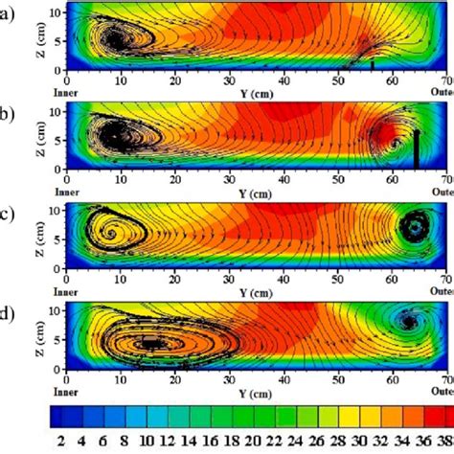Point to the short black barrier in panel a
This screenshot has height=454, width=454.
[x=372, y=65]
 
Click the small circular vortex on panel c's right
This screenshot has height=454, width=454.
[x=415, y=227]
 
